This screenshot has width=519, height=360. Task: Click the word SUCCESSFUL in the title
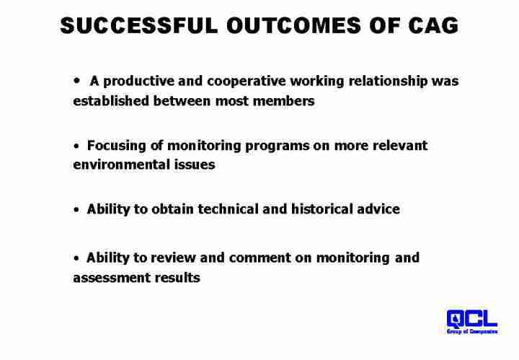tap(139, 25)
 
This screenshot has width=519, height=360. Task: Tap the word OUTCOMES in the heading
tap(293, 25)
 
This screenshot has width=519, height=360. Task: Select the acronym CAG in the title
tap(433, 25)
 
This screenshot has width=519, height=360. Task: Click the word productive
tap(138, 82)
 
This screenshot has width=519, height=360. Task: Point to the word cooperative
tap(247, 82)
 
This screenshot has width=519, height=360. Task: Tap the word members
tap(284, 101)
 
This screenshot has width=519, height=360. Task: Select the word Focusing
tap(116, 146)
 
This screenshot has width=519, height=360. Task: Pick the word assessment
tap(112, 278)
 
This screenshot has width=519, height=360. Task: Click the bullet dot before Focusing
tap(77, 146)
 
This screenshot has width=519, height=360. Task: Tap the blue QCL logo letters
tap(471, 319)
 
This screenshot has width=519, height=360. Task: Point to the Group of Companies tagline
tap(472, 332)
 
